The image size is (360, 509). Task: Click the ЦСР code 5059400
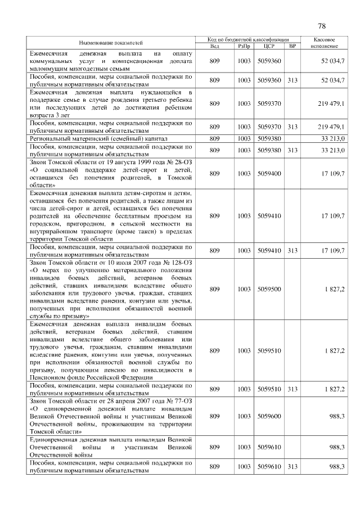click(269, 174)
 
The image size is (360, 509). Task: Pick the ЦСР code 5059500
click(269, 289)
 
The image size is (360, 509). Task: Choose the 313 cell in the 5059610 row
click(292, 467)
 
